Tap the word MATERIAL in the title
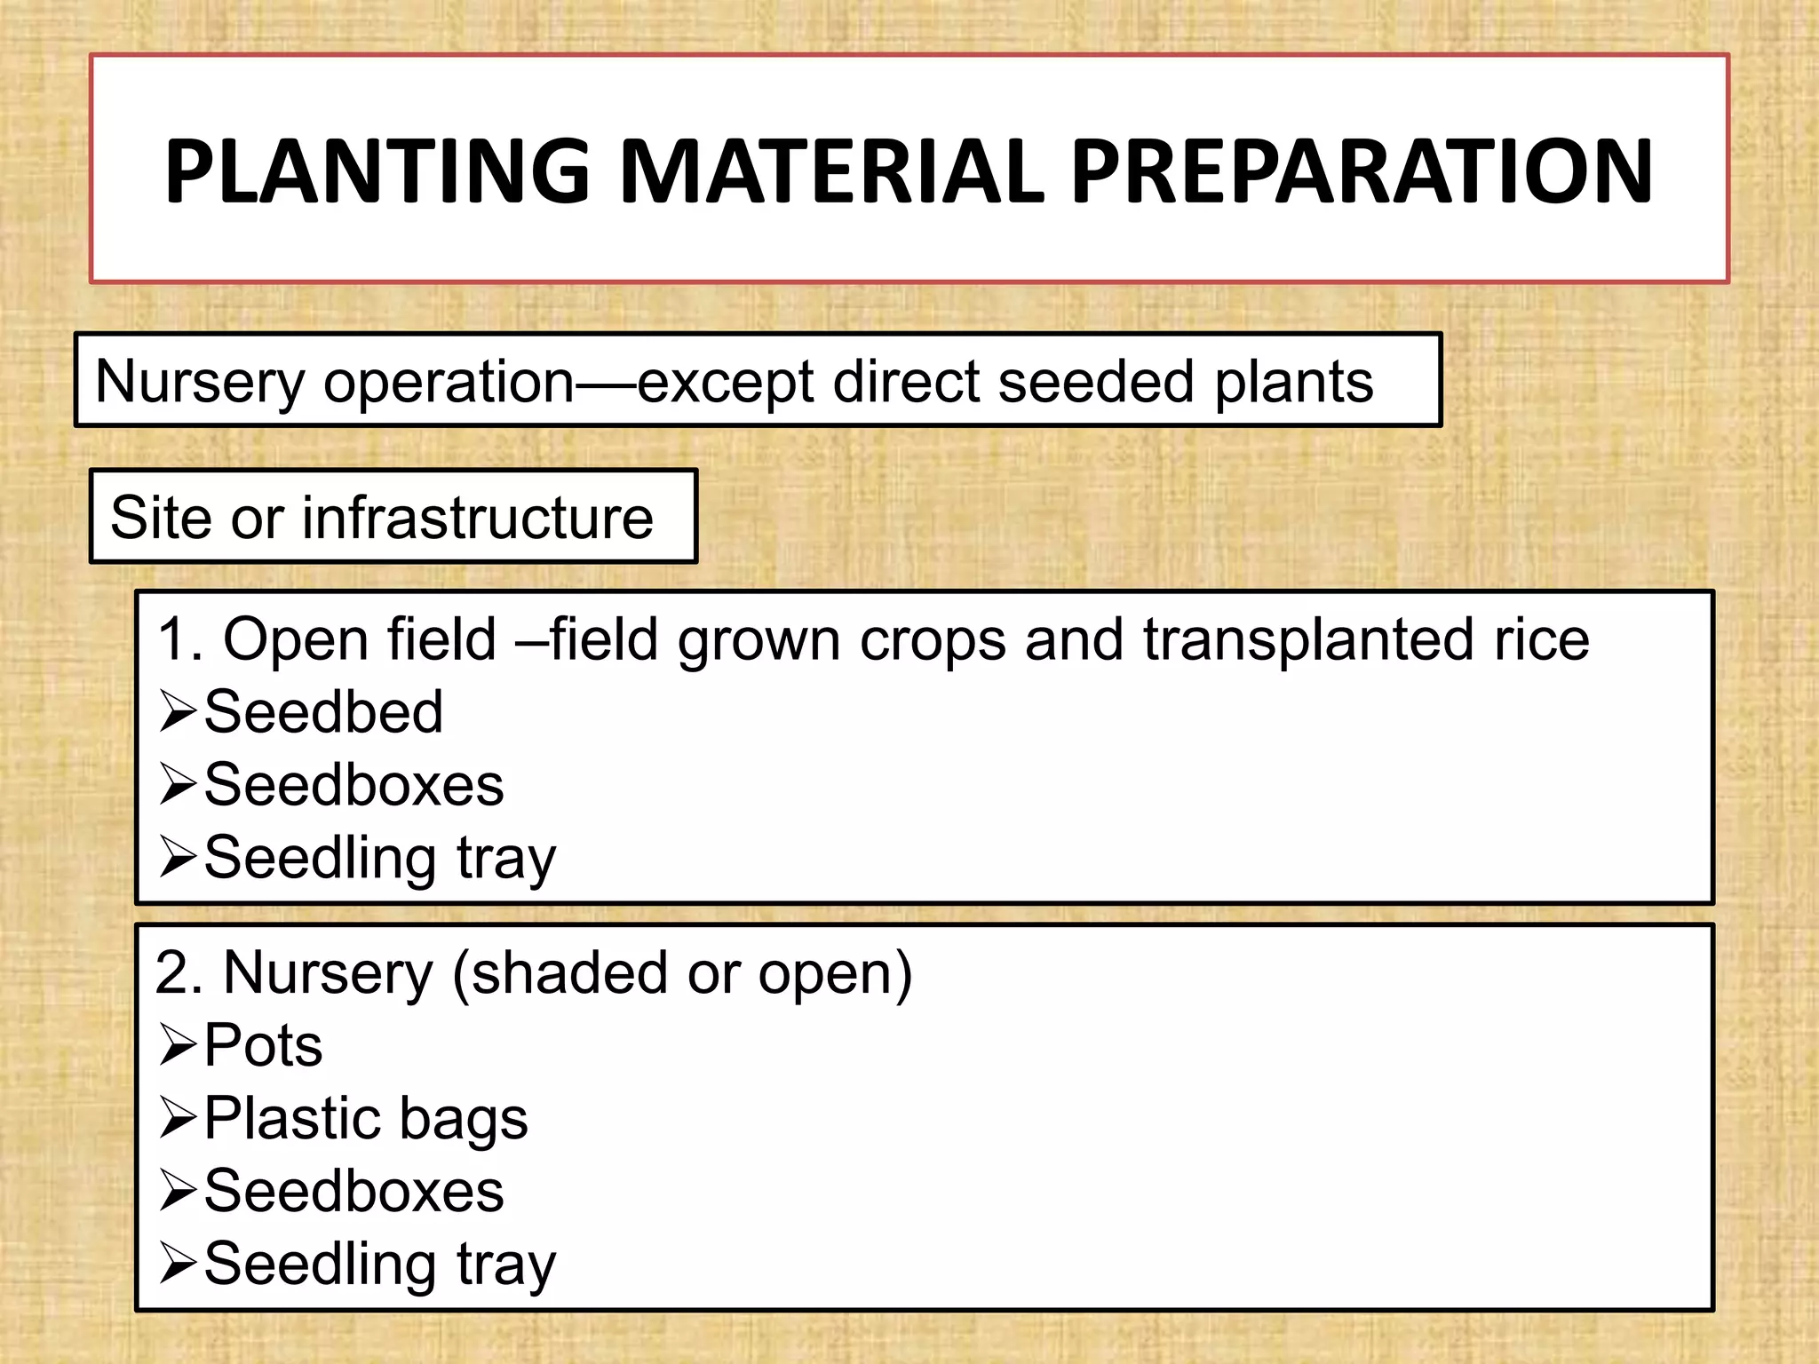(830, 170)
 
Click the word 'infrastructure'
(478, 518)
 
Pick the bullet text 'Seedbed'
(323, 712)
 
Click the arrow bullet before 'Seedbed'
(178, 712)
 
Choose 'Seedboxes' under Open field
(353, 785)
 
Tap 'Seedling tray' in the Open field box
(379, 859)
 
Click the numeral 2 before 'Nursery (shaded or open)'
(171, 972)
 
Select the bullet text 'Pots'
(263, 1045)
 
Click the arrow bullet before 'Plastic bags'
(178, 1118)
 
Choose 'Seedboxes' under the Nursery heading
(353, 1191)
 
